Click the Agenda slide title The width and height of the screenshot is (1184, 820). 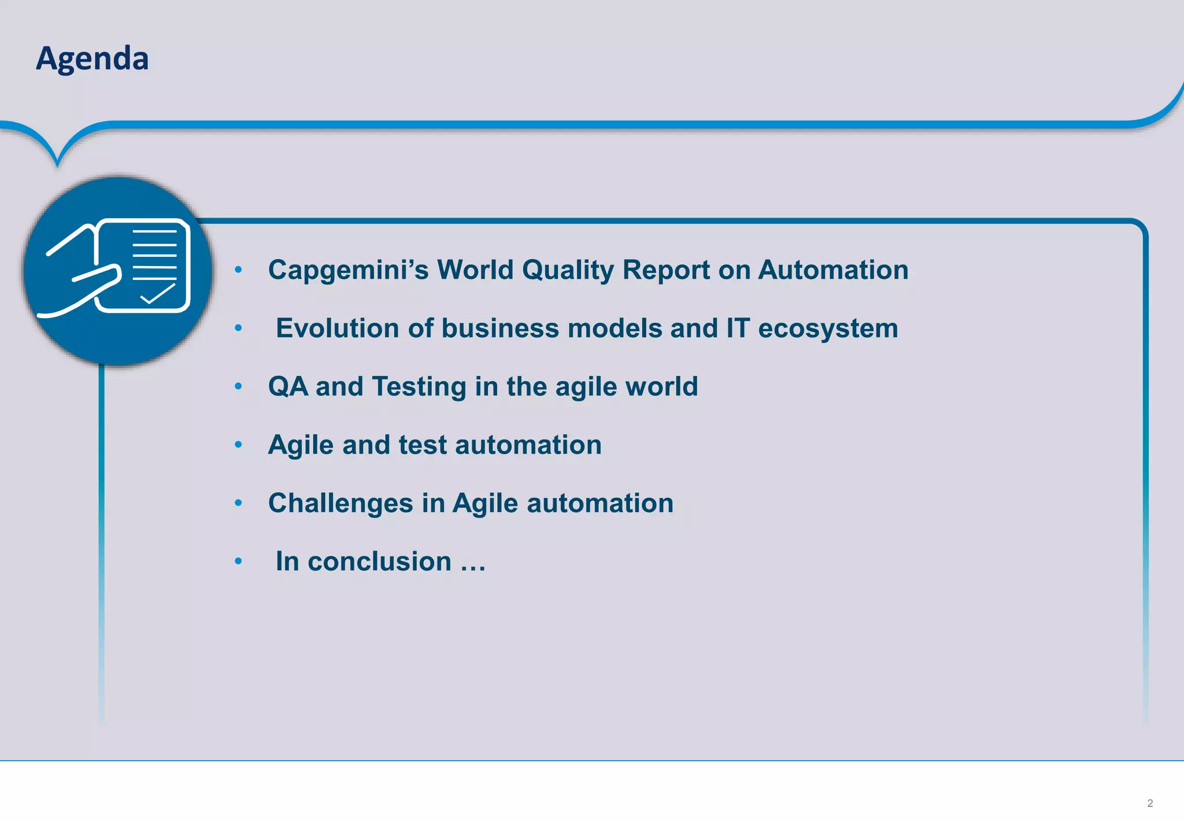(92, 59)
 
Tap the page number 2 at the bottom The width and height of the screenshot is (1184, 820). (1149, 803)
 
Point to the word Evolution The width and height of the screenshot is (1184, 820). (337, 328)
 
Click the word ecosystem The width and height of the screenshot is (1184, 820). (828, 328)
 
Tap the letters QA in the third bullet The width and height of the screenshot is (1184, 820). (288, 386)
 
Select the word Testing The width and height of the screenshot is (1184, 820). (419, 387)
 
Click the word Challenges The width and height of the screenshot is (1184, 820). (341, 503)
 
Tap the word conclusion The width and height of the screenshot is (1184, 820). (379, 562)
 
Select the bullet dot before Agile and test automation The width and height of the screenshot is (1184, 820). (238, 444)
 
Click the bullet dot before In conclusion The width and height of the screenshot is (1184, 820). (238, 561)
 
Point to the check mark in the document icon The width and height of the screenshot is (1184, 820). (157, 294)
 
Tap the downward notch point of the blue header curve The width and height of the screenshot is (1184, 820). (57, 164)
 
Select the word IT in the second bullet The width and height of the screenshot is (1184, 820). (738, 328)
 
